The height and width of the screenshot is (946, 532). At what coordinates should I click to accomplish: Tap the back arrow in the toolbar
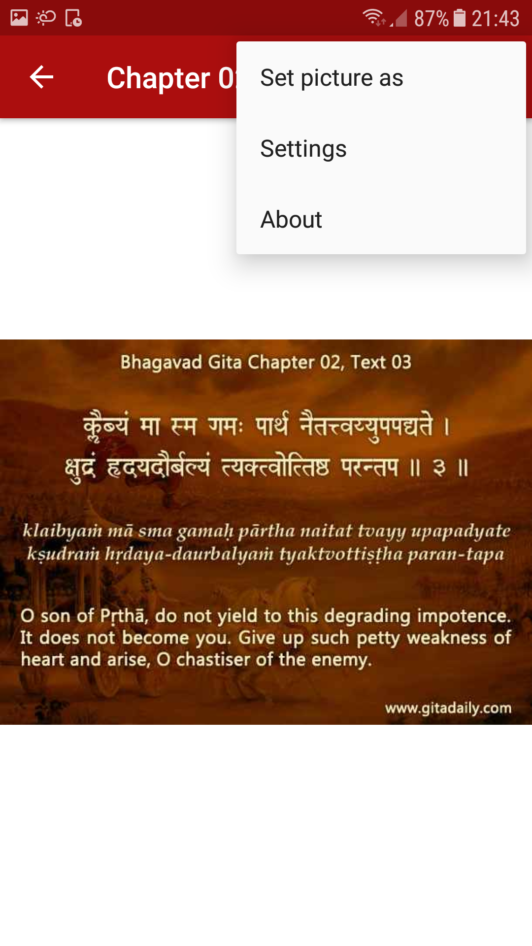[x=41, y=77]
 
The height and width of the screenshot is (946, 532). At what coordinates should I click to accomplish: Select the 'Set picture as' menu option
[x=332, y=78]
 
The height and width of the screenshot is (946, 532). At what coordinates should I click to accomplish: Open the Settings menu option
[x=303, y=149]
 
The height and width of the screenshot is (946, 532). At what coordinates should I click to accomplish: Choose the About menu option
[x=291, y=220]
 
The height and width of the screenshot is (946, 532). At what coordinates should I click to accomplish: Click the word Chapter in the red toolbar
[x=159, y=78]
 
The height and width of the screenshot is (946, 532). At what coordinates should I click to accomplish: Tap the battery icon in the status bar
[x=459, y=18]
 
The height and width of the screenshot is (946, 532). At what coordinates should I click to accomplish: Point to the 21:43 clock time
[x=496, y=19]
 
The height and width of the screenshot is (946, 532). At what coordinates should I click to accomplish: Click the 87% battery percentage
[x=432, y=19]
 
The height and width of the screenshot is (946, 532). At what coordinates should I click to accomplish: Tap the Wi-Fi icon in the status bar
[x=373, y=17]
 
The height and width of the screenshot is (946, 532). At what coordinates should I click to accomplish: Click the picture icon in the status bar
[x=19, y=18]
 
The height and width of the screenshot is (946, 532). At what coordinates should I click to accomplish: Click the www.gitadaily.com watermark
[x=448, y=708]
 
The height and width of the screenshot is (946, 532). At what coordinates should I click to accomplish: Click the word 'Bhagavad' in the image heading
[x=162, y=362]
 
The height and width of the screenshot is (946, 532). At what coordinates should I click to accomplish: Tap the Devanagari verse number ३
[x=439, y=467]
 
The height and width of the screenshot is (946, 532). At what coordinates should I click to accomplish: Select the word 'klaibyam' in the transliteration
[x=62, y=531]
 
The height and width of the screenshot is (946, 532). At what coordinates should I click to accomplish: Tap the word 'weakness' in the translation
[x=447, y=638]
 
